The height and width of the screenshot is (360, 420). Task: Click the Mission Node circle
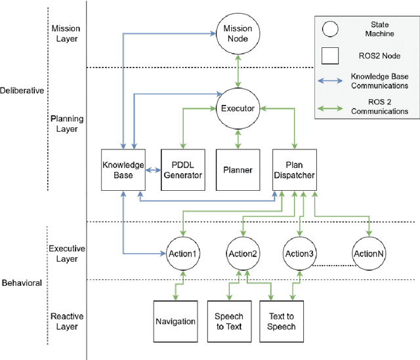237,33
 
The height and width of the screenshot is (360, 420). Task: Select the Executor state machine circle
237,109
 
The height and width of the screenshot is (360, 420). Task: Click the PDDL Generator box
182,170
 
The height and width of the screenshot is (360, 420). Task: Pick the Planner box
237,170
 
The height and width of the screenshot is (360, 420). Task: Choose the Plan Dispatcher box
295,170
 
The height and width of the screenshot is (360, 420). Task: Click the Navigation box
175,321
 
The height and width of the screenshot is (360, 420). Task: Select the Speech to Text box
229,321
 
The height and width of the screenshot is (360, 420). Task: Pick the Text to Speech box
282,321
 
